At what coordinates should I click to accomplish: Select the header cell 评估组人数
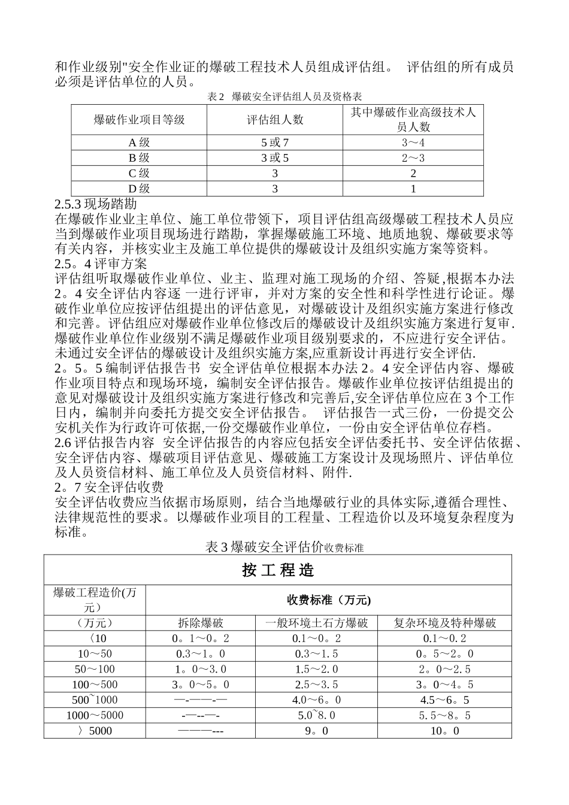pos(276,120)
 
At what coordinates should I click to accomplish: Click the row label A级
pos(140,143)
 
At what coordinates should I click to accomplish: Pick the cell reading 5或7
pos(275,143)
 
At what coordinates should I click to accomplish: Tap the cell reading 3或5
pos(275,158)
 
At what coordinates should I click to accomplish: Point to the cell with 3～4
pos(413,143)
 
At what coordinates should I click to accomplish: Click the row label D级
pos(140,189)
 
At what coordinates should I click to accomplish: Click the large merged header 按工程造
pos(278,570)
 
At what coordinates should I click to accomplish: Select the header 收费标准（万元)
pos(328,600)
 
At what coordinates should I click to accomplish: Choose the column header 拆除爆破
pos(201,623)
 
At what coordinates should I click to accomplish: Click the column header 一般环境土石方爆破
pos(317,623)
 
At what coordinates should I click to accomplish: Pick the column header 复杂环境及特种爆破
pos(445,623)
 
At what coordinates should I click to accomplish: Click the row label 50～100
pos(95,669)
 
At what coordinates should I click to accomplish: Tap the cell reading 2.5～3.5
pos(317,685)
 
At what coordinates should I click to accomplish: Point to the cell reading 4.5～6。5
pos(445,700)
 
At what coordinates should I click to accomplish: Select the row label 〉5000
pos(95,731)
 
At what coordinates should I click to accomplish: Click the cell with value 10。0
pos(445,731)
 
